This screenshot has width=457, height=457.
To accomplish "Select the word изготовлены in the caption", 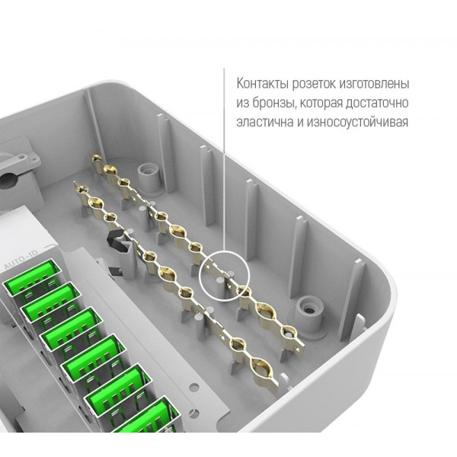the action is (374, 85).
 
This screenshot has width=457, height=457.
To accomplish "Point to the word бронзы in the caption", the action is (273, 104).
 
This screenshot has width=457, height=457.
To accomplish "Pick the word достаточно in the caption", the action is (377, 104).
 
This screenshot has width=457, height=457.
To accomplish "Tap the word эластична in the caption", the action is (265, 123).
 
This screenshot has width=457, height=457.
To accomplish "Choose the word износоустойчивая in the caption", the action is (357, 123).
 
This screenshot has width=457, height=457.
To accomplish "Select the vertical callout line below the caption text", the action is (224, 160).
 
